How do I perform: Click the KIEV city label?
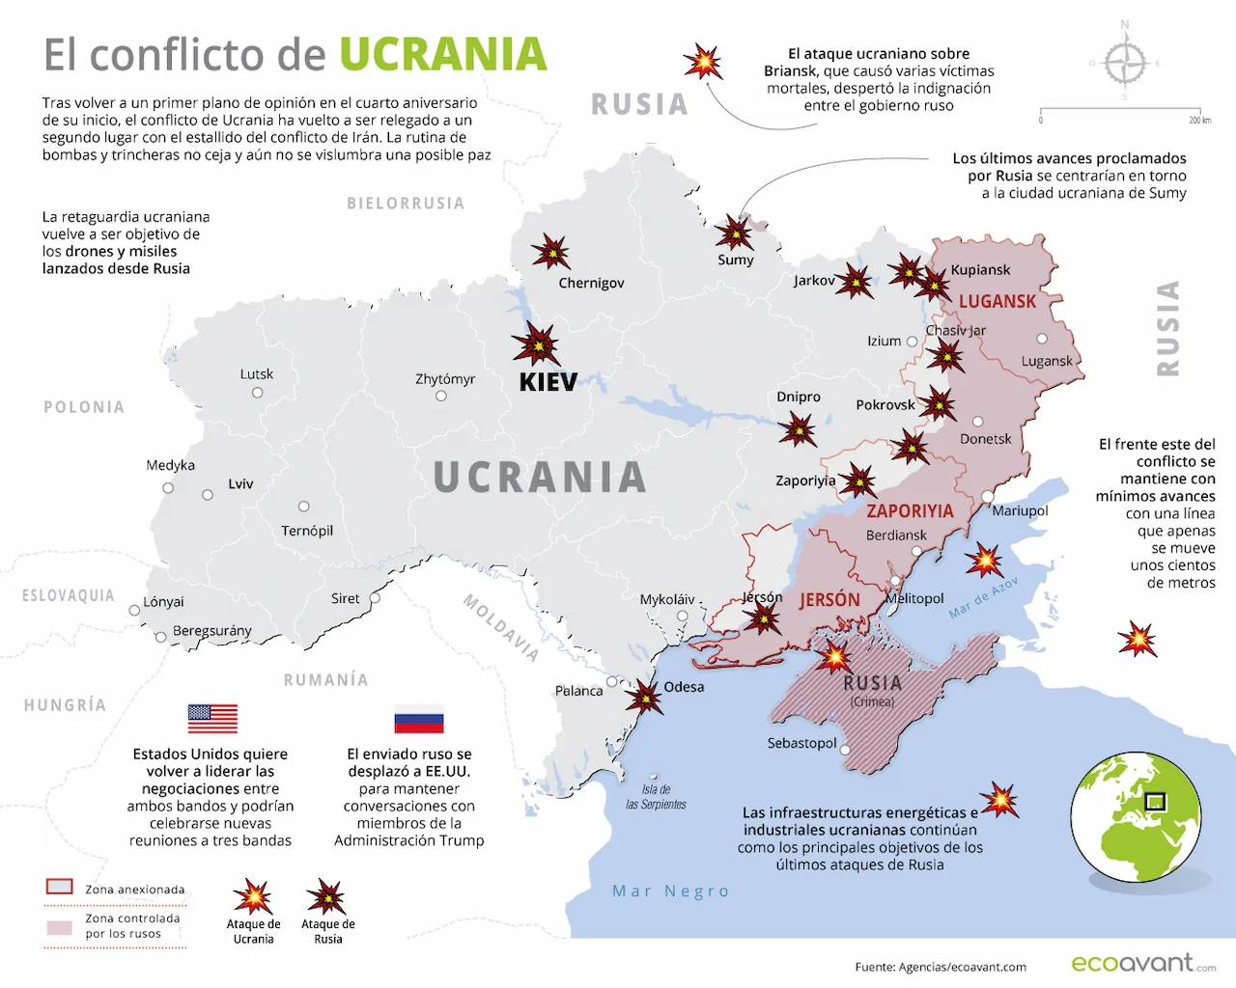point(548,382)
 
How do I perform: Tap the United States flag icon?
point(212,719)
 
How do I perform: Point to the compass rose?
point(1125,64)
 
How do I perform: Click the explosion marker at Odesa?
point(643,696)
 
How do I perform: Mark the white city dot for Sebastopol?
point(845,750)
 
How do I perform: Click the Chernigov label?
point(591,283)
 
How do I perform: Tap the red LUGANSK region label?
point(997,302)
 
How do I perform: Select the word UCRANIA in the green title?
point(442,55)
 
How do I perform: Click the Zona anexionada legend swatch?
point(60,887)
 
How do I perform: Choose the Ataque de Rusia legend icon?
point(326,897)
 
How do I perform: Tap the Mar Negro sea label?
point(670,891)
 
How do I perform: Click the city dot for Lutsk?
point(258,393)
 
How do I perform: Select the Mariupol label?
point(1020,510)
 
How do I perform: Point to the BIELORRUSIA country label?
point(406,204)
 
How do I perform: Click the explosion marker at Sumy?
point(735,233)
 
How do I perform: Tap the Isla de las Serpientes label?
point(656,797)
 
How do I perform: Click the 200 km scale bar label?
point(1199,120)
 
